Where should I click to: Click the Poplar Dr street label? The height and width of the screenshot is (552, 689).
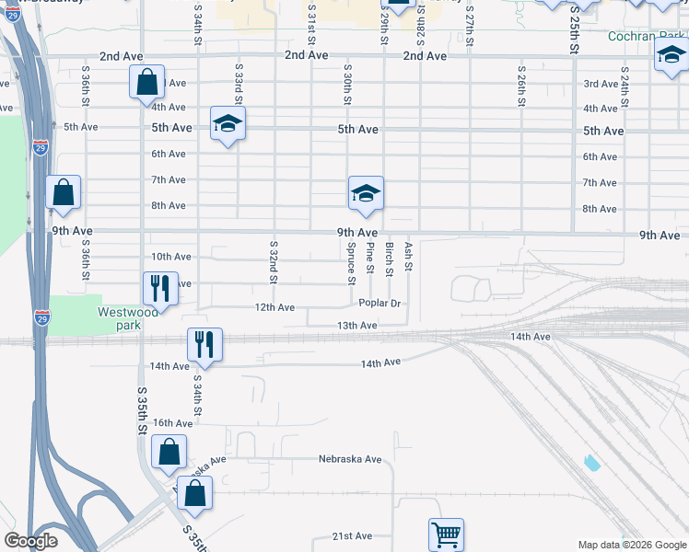coord(382,303)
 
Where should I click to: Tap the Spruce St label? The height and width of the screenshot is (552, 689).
coord(351,259)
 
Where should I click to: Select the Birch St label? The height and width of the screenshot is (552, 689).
coord(390,259)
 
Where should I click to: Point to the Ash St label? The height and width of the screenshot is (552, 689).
coord(408,256)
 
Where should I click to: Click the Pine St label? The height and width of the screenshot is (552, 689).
coord(370,258)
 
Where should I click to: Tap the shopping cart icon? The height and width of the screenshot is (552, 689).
coord(446,534)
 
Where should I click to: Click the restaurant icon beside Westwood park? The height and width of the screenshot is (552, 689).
coord(160,288)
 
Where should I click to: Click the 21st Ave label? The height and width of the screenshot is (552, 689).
coord(352,535)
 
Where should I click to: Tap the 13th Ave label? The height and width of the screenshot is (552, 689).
coord(356,326)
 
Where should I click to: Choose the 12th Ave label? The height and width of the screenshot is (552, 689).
coord(274,306)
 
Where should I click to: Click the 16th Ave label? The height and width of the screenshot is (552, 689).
coord(172,423)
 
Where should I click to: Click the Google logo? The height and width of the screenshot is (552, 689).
coord(31,541)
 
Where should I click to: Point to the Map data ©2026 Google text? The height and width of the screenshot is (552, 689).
coord(631,545)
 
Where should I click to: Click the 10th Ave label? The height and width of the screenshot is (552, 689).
coord(171,257)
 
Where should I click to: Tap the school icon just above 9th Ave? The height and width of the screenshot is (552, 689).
coord(366,193)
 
